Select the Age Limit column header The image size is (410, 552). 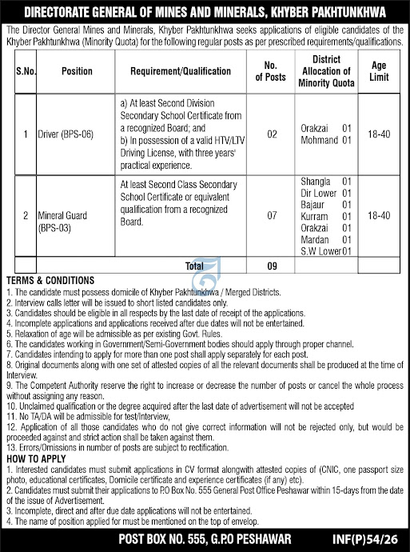(x=380, y=70)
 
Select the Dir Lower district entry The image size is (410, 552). (x=318, y=193)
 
